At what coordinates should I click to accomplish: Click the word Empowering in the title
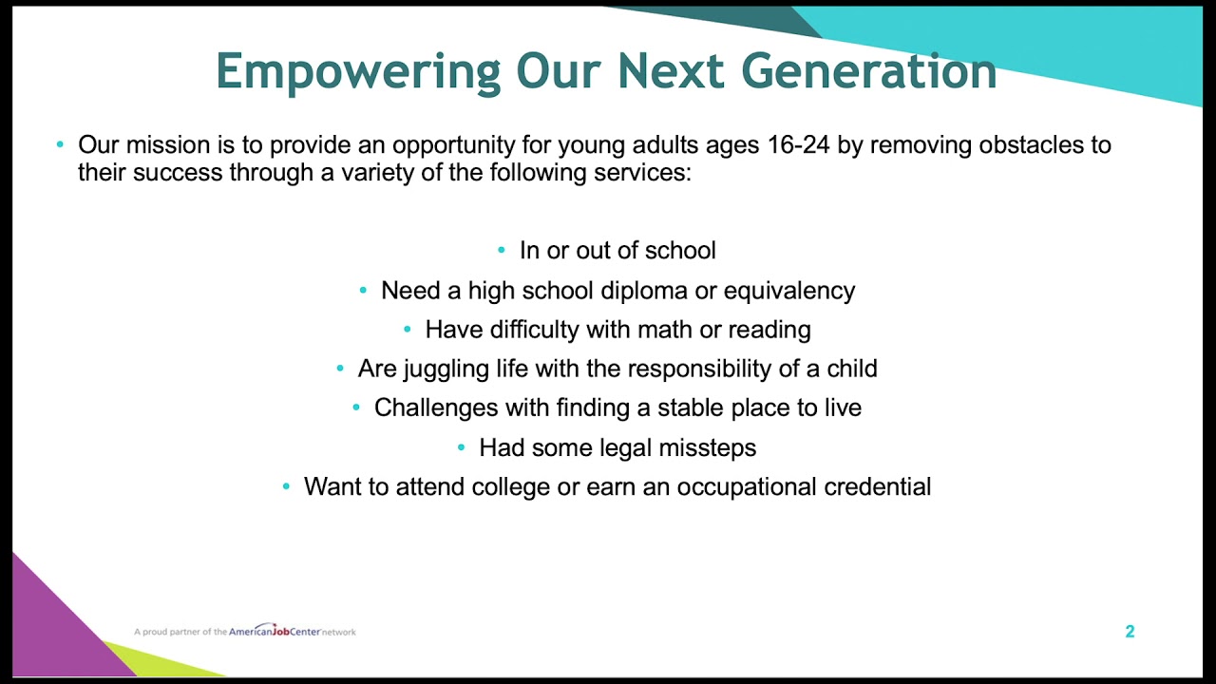358,72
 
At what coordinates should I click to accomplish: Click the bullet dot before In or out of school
502,251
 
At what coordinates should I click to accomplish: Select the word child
849,369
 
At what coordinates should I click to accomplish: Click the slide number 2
1130,632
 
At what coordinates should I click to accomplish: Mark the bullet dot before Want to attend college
286,487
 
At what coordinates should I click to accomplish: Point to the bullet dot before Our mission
60,145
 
